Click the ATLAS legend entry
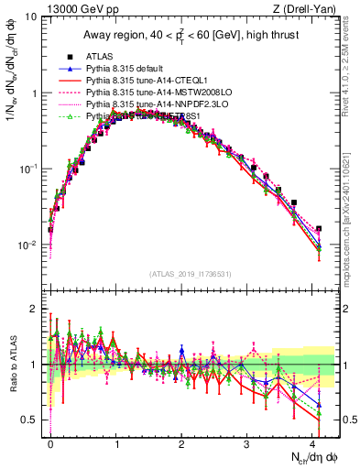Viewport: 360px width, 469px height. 98,57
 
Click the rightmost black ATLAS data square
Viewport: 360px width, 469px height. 318,229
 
